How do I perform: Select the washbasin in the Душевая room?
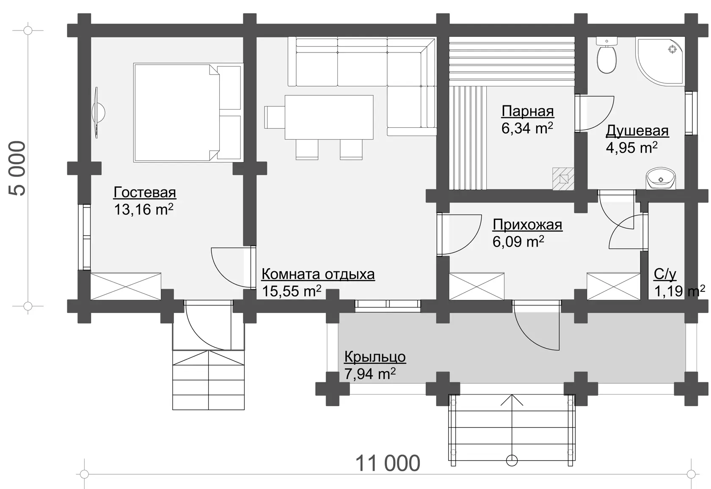pos(661,179)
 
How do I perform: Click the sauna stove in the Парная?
pos(563,179)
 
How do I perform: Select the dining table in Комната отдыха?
pos(329,118)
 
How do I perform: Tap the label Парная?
pos(527,111)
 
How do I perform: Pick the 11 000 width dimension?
pos(388,464)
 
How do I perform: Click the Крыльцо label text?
pos(375,357)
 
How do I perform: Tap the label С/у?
pos(665,275)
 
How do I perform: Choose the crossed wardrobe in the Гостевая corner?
pos(126,286)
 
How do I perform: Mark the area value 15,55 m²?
pos(291,291)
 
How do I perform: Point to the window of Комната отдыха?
pos(388,304)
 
